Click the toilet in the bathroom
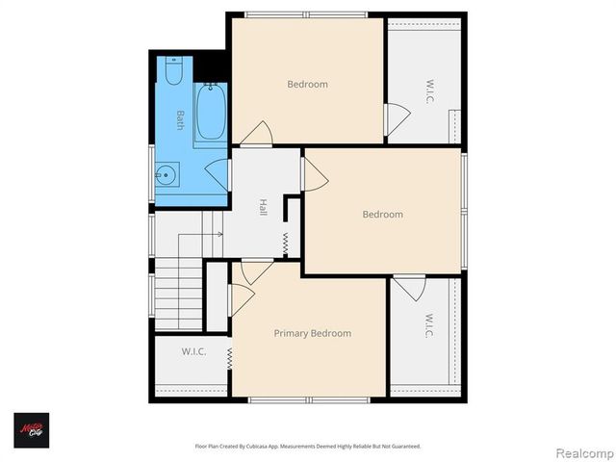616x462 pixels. tap(174, 72)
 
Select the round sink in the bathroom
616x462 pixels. tap(167, 176)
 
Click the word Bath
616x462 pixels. tap(180, 120)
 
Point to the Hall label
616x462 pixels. tap(262, 207)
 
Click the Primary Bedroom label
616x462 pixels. tap(312, 333)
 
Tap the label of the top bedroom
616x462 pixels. tap(307, 84)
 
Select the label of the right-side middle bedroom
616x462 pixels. tap(382, 214)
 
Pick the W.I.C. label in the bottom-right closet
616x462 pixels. tap(429, 327)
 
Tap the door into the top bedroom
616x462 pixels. tap(256, 135)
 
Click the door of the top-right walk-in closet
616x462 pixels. tap(396, 118)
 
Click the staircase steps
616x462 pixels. tap(180, 294)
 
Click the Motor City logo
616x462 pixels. tap(31, 429)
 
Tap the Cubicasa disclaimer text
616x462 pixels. tap(308, 446)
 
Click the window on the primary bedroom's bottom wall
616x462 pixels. tap(308, 399)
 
